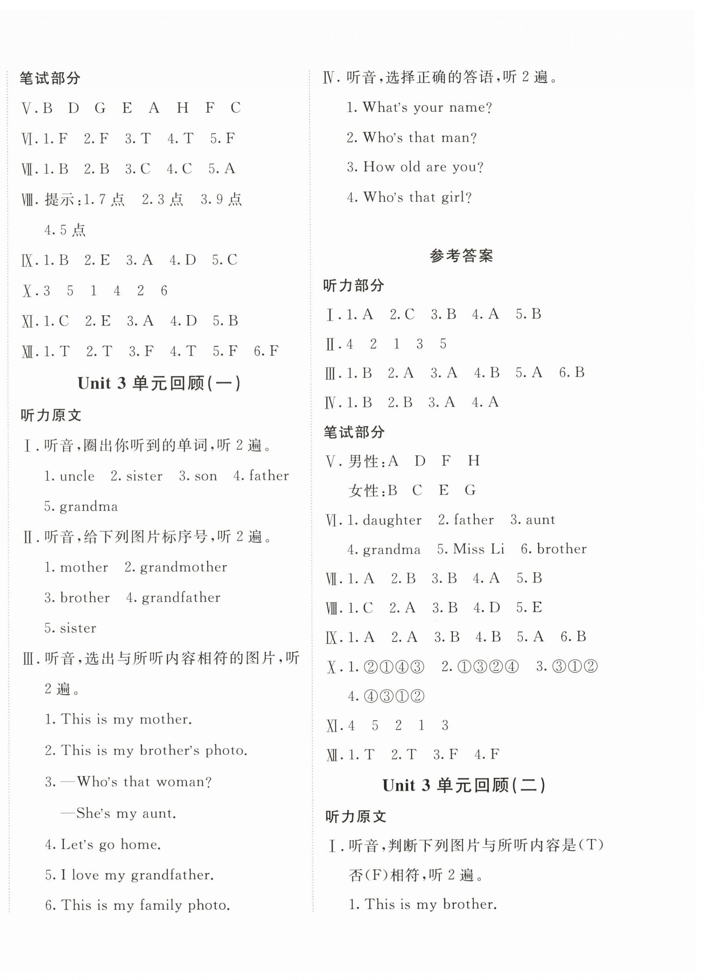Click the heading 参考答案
(461, 256)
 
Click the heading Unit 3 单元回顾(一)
(159, 383)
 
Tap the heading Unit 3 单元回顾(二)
(464, 785)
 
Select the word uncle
(77, 476)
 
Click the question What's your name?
(427, 107)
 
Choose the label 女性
(363, 490)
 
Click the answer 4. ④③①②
(386, 696)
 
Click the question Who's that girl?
(417, 197)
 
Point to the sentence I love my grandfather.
(137, 875)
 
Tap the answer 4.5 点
(65, 230)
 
